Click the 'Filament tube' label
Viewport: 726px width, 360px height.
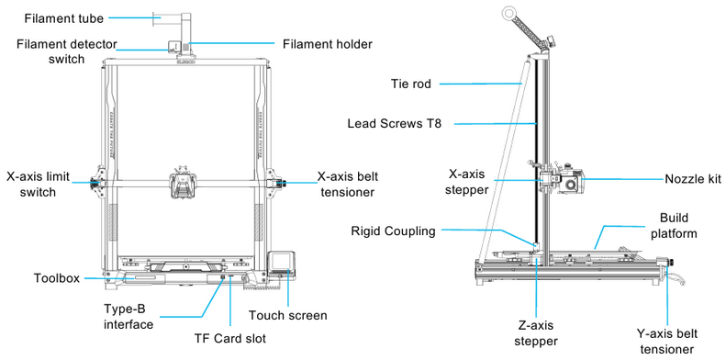[x=64, y=17]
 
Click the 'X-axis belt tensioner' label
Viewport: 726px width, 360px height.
[x=359, y=184]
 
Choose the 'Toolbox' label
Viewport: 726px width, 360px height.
[x=57, y=276]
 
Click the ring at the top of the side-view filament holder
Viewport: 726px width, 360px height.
[x=508, y=12]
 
